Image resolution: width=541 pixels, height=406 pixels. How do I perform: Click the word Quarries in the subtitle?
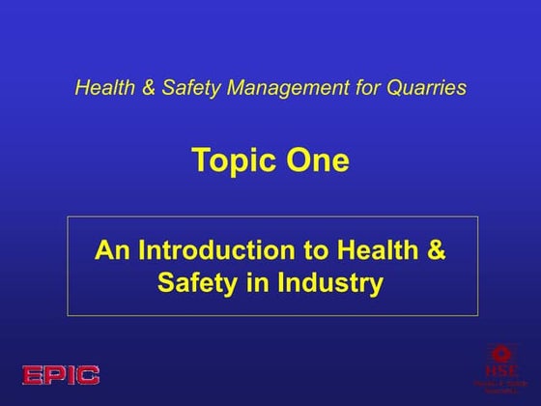click(425, 88)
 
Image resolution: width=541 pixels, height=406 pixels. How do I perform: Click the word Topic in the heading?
click(230, 159)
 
